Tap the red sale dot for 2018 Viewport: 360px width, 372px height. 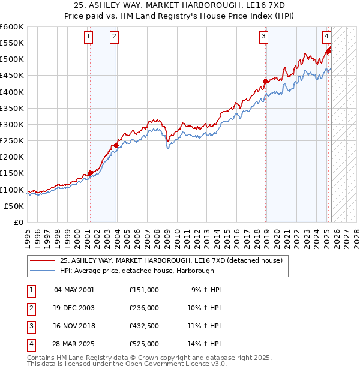point(265,81)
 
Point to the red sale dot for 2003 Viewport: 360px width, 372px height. point(116,145)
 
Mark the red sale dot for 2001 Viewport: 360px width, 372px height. point(91,173)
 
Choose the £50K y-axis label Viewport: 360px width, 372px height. point(14,206)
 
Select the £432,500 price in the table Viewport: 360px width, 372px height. point(143,327)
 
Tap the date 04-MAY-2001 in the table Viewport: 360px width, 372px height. point(74,290)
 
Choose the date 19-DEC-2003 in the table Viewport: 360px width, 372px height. point(74,308)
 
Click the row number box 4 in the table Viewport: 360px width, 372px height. point(31,344)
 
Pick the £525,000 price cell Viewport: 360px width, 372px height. point(143,344)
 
